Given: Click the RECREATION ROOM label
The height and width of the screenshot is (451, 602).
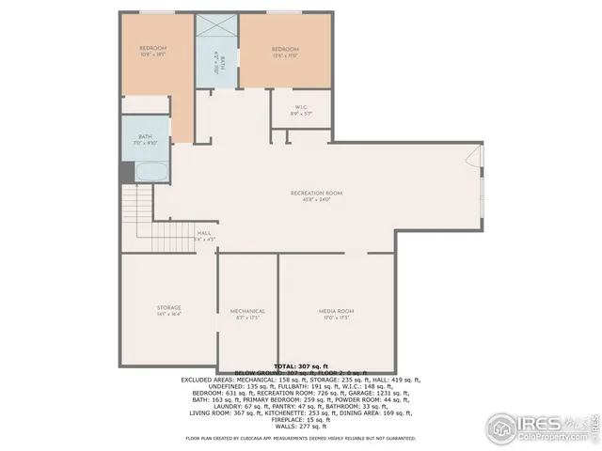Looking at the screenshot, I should pos(315,193).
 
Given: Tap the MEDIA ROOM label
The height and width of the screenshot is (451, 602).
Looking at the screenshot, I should pos(335,311).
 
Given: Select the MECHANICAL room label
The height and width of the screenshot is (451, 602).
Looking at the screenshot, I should pos(247,311).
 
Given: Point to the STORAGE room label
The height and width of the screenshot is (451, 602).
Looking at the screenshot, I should pos(168,308).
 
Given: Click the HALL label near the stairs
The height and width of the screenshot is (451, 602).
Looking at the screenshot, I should pos(204,233).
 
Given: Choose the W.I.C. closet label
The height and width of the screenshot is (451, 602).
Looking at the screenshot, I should pos(301,107).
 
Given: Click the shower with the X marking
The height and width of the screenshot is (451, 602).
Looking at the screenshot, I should pos(217,30).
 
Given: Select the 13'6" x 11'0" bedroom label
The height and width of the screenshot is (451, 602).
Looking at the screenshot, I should pos(285,50).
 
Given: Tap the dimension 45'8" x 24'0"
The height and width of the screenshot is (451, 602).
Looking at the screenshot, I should pos(316,200).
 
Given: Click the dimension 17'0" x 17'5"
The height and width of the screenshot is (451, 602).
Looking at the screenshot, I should pos(335,318).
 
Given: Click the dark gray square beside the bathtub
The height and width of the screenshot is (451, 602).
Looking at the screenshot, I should pos(126,173).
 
